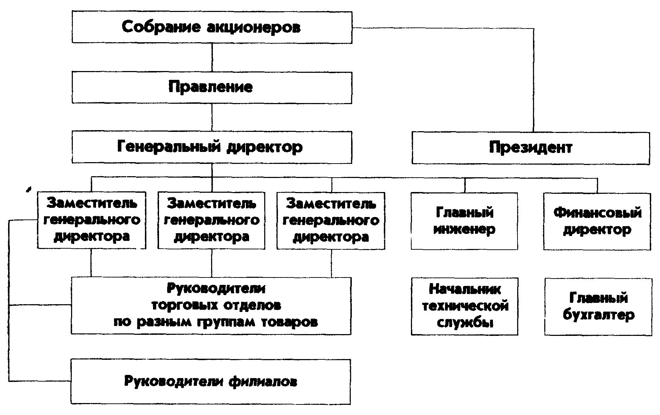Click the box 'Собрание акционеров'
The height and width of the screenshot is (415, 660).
pos(212,27)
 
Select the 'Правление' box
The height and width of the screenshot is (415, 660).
pos(212,88)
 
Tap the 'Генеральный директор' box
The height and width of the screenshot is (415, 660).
pos(212,147)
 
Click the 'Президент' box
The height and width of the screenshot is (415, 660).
pos(531,148)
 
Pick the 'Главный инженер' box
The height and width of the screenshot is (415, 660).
pos(464,221)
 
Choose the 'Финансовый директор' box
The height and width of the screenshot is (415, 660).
pos(597,221)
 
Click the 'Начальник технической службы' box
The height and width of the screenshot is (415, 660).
pos(464,306)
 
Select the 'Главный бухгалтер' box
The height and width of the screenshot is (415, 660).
pos(598,306)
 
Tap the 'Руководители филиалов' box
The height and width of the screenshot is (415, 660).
pos(211,382)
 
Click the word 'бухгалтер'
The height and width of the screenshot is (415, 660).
pos(599,315)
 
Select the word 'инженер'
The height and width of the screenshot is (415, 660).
pos(464,230)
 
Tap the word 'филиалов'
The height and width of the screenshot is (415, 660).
pos(263,382)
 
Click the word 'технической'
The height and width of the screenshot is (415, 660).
pos(465,306)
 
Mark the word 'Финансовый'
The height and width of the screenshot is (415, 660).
pos(597,213)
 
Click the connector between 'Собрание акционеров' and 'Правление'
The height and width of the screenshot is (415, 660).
pos(212,58)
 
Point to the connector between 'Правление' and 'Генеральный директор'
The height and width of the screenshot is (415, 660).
pos(212,117)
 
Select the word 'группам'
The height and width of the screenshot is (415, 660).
pos(228,322)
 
